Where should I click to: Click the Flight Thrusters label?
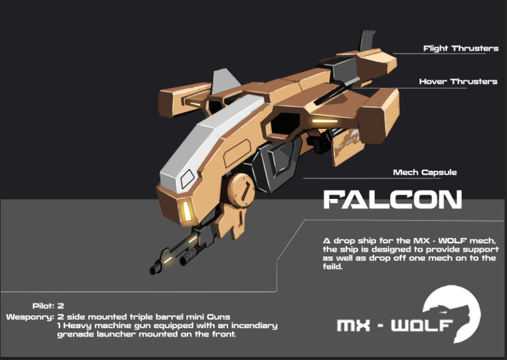(461, 49)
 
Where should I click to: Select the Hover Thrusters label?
(458, 81)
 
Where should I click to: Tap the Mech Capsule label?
(425, 173)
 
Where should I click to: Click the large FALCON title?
(393, 199)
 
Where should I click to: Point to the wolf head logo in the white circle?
(453, 312)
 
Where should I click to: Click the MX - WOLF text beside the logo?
(394, 326)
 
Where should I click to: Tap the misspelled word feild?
(332, 267)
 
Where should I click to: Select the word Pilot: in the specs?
(43, 305)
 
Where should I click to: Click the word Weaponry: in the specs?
(30, 317)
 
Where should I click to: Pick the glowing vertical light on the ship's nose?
(187, 211)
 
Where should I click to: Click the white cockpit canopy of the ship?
(207, 143)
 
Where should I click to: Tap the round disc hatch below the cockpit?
(241, 190)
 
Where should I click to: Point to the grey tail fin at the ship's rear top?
(367, 40)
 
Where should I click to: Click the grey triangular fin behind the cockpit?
(224, 81)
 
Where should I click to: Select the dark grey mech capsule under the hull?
(277, 165)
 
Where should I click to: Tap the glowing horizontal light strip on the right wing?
(325, 121)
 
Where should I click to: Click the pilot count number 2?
(60, 305)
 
